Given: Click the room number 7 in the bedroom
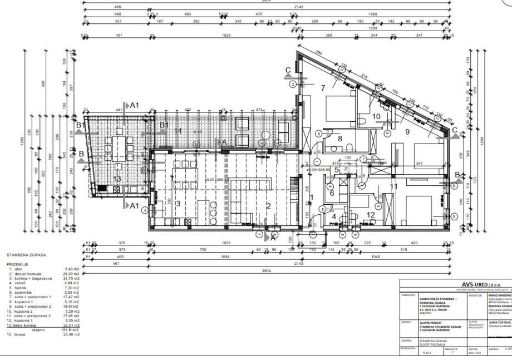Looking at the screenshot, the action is click(322, 88).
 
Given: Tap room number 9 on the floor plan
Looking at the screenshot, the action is click(407, 131).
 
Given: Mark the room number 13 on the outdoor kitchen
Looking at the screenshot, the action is click(117, 179).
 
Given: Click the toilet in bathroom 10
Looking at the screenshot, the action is click(362, 120).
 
